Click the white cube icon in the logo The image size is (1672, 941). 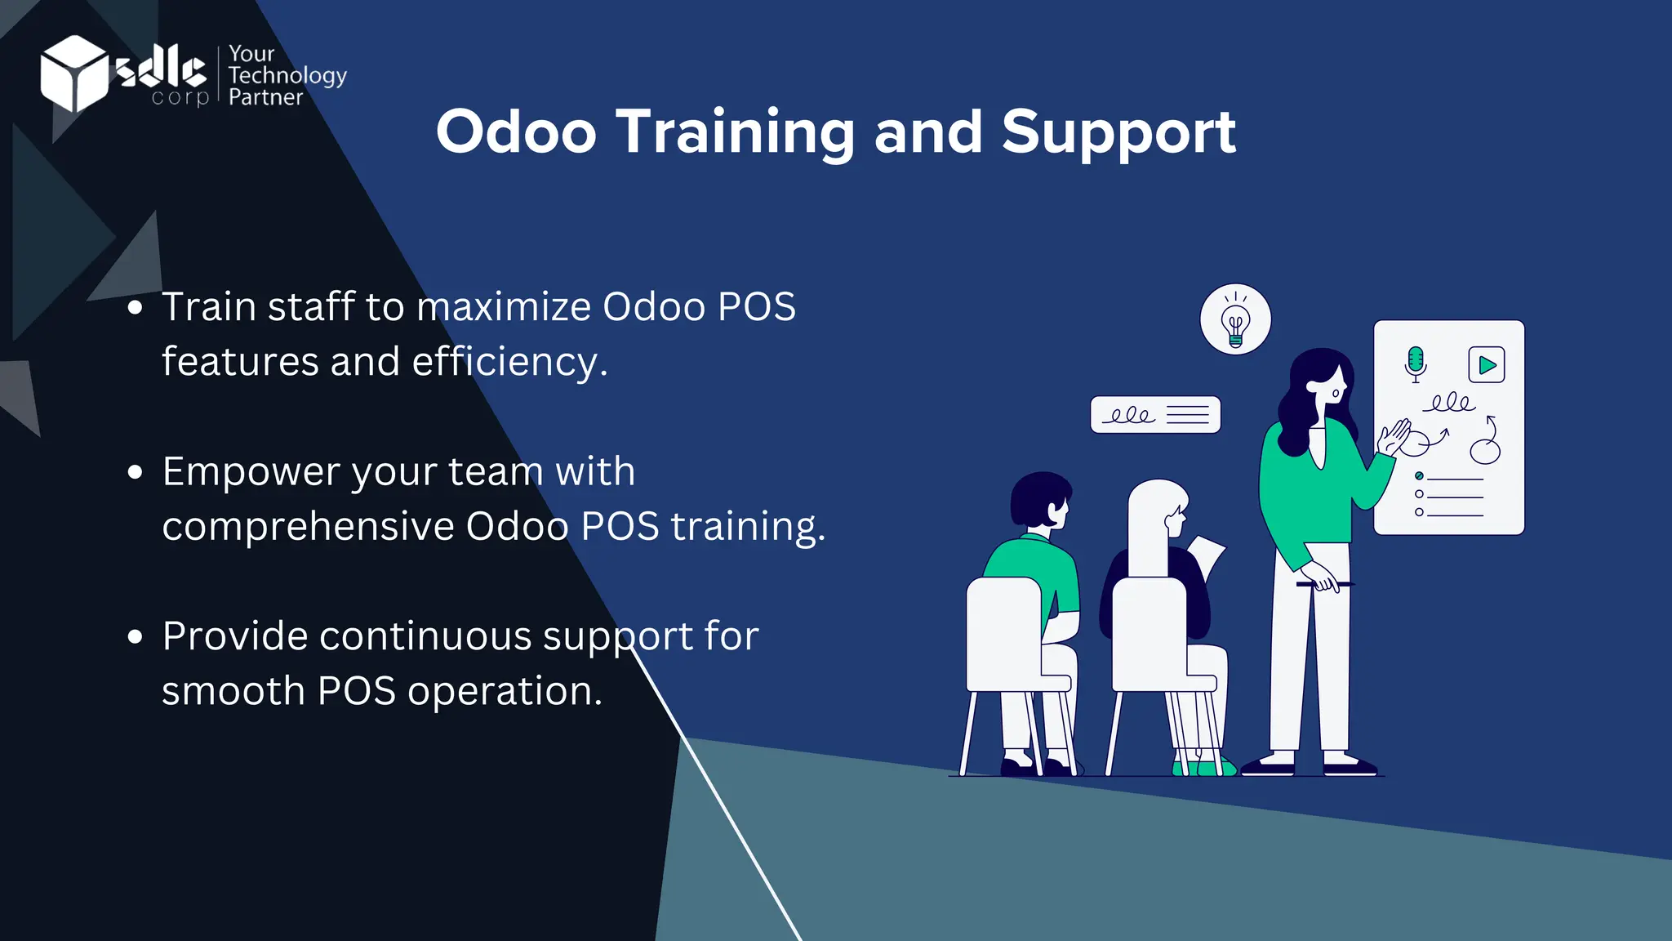pyautogui.click(x=73, y=74)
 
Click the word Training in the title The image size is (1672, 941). pyautogui.click(x=735, y=132)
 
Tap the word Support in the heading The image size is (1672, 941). pyautogui.click(x=1118, y=132)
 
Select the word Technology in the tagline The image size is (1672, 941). pyautogui.click(x=287, y=75)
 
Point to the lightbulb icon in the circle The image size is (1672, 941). pyautogui.click(x=1235, y=320)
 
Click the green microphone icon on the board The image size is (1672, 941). pyautogui.click(x=1416, y=362)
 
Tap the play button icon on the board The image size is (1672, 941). pyautogui.click(x=1487, y=364)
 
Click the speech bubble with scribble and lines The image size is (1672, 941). pyautogui.click(x=1155, y=415)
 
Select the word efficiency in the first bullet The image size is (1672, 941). pyautogui.click(x=509, y=362)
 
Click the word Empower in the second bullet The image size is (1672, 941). pyautogui.click(x=251, y=472)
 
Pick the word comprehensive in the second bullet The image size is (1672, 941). pyautogui.click(x=308, y=527)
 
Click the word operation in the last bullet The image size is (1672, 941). pyautogui.click(x=504, y=691)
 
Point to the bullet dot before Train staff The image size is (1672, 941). pyautogui.click(x=136, y=308)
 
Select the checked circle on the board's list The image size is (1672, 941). pyautogui.click(x=1419, y=476)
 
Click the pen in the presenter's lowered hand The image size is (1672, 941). pyautogui.click(x=1323, y=584)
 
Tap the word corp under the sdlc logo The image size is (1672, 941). pyautogui.click(x=180, y=97)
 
